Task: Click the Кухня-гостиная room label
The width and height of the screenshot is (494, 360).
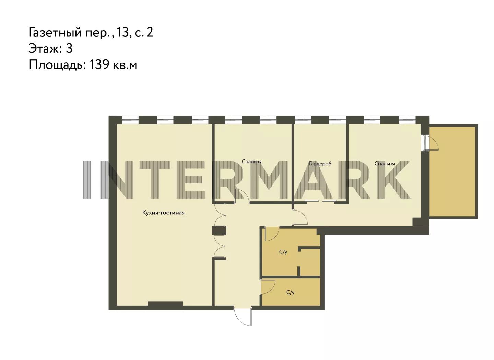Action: tap(163, 213)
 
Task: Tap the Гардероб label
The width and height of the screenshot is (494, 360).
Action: tap(320, 164)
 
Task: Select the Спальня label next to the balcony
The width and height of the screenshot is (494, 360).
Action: tap(385, 164)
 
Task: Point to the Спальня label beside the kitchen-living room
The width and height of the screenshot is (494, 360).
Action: tap(252, 161)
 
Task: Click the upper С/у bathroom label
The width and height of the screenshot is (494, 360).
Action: tap(283, 252)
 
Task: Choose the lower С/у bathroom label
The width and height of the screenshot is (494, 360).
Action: tap(290, 292)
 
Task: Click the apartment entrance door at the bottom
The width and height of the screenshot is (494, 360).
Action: tap(243, 317)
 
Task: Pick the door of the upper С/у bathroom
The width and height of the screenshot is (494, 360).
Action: tap(272, 233)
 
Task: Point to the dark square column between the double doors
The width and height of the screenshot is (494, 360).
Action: tap(219, 230)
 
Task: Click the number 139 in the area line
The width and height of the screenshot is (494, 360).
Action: tap(99, 64)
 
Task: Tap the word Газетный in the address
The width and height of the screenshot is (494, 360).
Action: tap(55, 32)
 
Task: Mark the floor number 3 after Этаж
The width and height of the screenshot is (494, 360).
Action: tap(69, 48)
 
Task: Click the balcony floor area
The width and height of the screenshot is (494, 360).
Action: tap(452, 171)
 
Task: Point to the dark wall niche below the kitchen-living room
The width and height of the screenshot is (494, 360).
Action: tap(165, 304)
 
